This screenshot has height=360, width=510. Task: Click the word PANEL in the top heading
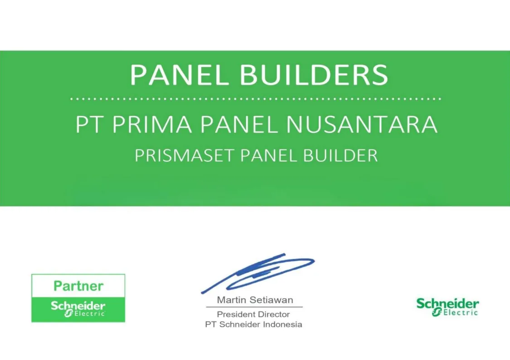coord(179,74)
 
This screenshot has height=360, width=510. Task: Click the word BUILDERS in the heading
coord(314,74)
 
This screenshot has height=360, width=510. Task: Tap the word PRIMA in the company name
coord(152,124)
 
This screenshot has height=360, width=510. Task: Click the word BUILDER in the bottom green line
coord(340,155)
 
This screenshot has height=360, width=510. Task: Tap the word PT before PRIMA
coord(88,124)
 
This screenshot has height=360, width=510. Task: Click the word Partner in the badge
coord(78,286)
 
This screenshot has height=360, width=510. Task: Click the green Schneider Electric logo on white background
coord(447,306)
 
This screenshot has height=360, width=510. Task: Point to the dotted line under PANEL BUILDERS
coord(255,99)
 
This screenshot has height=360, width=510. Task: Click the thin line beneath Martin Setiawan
coord(254,307)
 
